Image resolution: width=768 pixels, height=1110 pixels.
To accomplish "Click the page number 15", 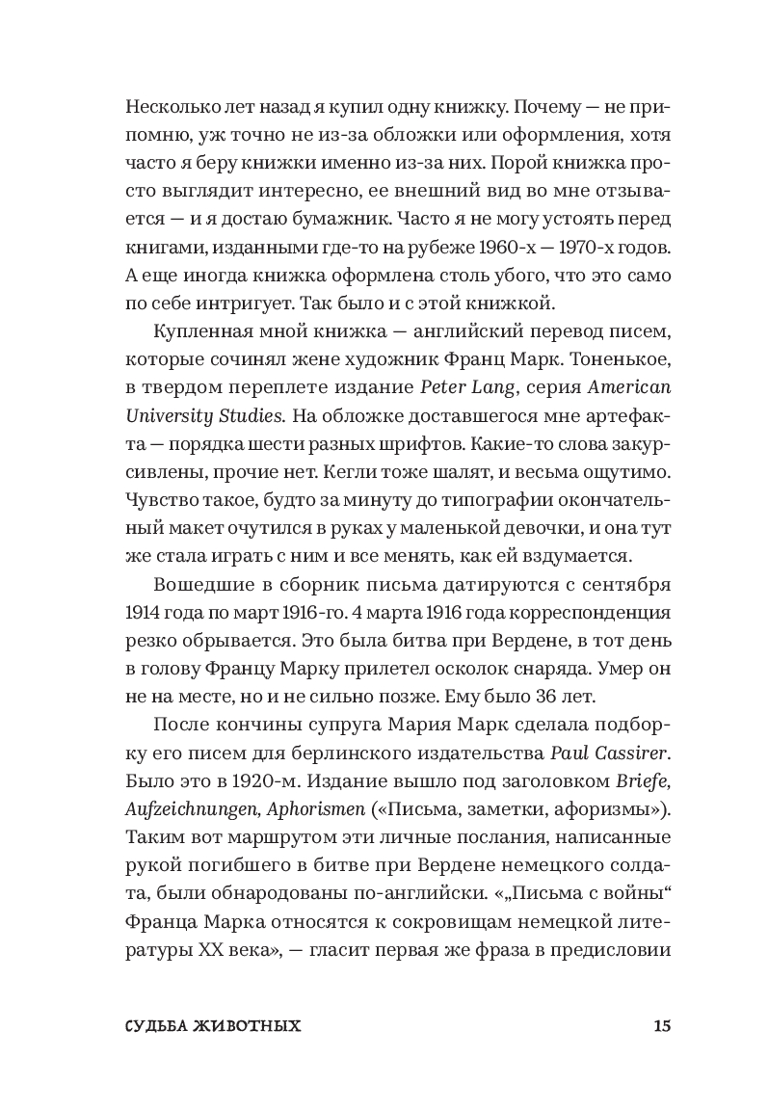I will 660,1026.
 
